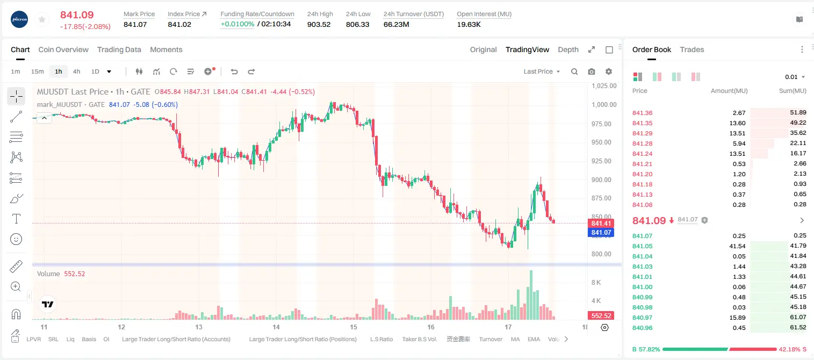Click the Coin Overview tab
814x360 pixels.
click(x=63, y=49)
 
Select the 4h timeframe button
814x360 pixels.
click(x=76, y=71)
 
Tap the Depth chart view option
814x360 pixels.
click(x=568, y=49)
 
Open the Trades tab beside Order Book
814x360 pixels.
click(x=692, y=49)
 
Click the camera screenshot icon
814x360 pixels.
click(x=592, y=71)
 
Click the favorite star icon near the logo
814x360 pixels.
click(x=42, y=19)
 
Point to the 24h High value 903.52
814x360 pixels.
click(x=319, y=24)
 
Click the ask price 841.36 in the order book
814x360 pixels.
click(x=642, y=113)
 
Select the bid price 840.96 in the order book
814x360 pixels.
click(x=642, y=328)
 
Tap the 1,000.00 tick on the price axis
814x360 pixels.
click(x=604, y=105)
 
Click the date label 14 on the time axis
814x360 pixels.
click(x=276, y=327)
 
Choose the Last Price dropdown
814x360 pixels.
click(x=542, y=71)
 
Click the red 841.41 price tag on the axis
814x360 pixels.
click(x=601, y=223)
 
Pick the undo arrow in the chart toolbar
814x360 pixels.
click(x=234, y=71)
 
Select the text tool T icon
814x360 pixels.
click(x=16, y=219)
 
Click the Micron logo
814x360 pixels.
click(x=19, y=19)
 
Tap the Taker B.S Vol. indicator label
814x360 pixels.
click(x=419, y=339)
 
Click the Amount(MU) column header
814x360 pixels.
click(x=729, y=90)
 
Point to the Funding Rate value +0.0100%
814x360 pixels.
click(x=237, y=24)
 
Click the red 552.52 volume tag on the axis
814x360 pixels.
click(x=601, y=316)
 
